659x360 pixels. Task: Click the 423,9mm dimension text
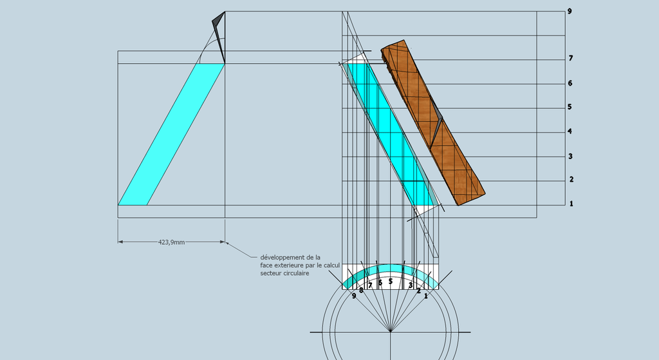pos(171,242)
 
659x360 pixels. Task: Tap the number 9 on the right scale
pos(570,12)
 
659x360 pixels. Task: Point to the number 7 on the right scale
pos(570,59)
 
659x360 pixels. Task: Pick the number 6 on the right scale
pos(570,83)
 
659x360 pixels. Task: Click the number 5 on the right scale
pos(570,107)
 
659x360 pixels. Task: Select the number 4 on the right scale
pos(570,131)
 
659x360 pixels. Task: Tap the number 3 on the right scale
pos(570,156)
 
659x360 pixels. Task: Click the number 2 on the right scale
pos(570,180)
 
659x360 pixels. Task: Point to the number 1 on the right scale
pos(570,204)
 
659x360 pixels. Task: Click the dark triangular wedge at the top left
pos(219,32)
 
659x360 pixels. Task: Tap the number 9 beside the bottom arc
pos(354,296)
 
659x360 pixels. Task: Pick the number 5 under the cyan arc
pos(391,281)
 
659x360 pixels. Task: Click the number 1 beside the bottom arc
pos(425,296)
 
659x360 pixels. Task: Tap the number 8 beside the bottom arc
pos(361,290)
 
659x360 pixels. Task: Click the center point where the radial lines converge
pos(391,332)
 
